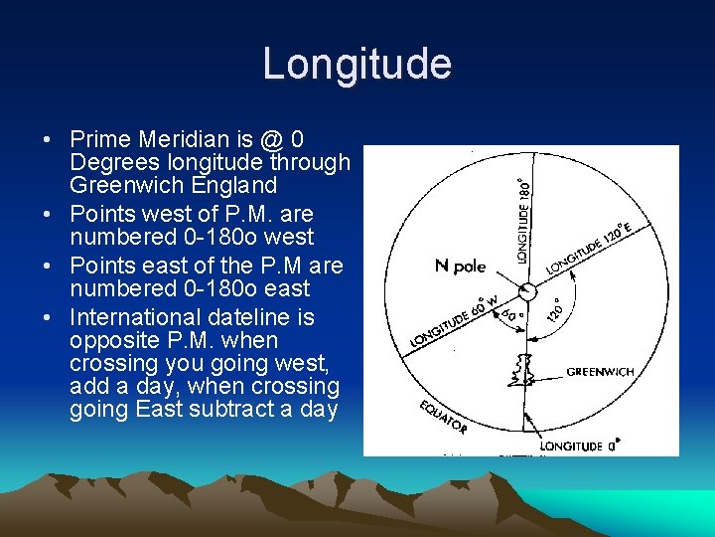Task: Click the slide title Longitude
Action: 357,65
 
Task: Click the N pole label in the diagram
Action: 460,266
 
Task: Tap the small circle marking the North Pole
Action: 527,290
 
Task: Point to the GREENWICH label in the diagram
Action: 600,372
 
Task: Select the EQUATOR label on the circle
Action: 443,418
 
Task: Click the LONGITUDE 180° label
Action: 523,219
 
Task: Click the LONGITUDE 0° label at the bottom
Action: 580,447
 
